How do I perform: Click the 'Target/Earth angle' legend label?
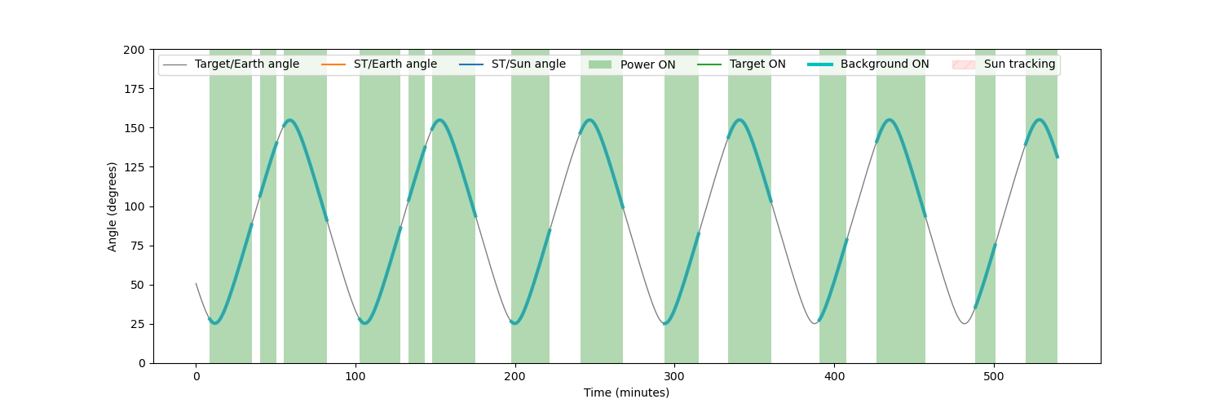pyautogui.click(x=247, y=64)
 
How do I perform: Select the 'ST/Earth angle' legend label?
pyautogui.click(x=395, y=64)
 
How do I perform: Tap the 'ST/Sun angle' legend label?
pyautogui.click(x=528, y=64)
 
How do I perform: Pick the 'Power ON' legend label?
pyautogui.click(x=647, y=64)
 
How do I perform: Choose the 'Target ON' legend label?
pyautogui.click(x=757, y=64)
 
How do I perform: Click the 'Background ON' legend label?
pyautogui.click(x=885, y=64)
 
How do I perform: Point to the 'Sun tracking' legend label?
pyautogui.click(x=1019, y=64)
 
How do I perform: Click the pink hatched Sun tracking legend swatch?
pyautogui.click(x=963, y=64)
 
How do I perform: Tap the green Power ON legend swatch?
pyautogui.click(x=599, y=64)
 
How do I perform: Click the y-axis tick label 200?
pyautogui.click(x=134, y=51)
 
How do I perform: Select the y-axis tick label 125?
pyautogui.click(x=134, y=167)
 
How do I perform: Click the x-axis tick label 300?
pyautogui.click(x=674, y=376)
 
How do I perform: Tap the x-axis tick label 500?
pyautogui.click(x=994, y=376)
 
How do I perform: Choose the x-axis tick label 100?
pyautogui.click(x=355, y=376)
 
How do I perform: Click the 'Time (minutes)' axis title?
pyautogui.click(x=626, y=392)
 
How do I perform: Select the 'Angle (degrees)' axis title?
pyautogui.click(x=112, y=206)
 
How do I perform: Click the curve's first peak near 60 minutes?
pyautogui.click(x=290, y=120)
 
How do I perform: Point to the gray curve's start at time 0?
pyautogui.click(x=196, y=283)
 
